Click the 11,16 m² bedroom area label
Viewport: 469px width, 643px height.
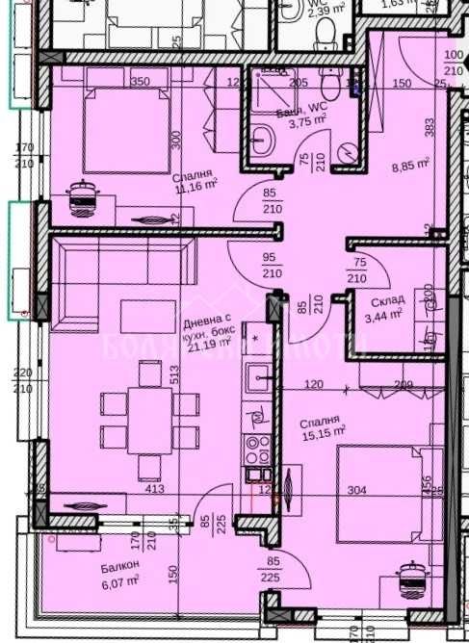(x=195, y=187)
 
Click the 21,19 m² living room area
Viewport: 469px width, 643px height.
(x=209, y=347)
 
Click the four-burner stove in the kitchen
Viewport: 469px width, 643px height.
(x=258, y=447)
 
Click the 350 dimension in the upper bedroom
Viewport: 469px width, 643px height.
(x=141, y=82)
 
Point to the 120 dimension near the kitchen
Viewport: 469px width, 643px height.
(x=312, y=385)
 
